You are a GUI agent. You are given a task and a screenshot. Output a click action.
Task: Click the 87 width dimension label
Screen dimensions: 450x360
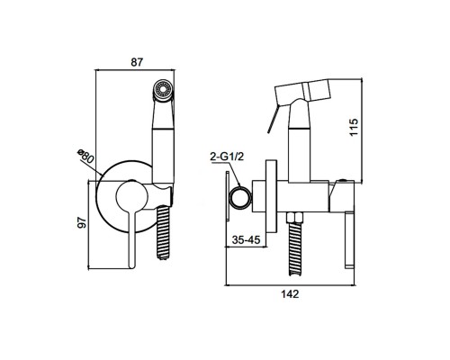[x=138, y=62]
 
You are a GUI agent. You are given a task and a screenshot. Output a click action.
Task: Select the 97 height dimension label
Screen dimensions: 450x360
[x=82, y=222]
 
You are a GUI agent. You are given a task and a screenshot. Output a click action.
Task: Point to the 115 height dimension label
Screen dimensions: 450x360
[x=354, y=127]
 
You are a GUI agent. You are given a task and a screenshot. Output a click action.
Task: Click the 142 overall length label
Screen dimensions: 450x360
[x=290, y=294]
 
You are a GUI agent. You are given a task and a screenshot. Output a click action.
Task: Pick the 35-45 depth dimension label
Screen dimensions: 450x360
[x=246, y=240]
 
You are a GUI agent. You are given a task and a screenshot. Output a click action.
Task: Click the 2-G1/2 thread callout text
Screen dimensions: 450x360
[x=227, y=157]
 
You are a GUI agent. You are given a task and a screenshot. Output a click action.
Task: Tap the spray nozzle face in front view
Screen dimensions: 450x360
[x=163, y=89]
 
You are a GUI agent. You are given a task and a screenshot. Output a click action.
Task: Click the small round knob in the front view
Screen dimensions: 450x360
[x=131, y=196]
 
